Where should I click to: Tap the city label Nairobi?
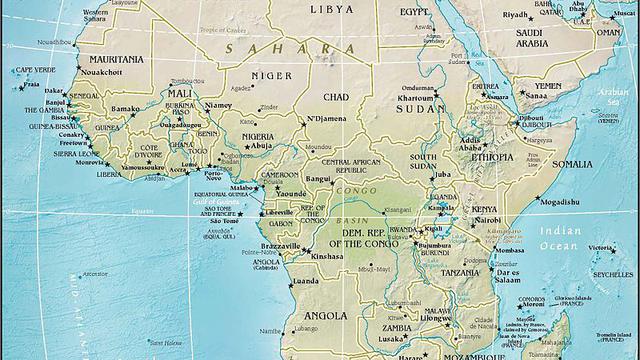pos(487,219)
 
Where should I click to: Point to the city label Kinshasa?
pos(328,257)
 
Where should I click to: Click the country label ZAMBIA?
pos(398,326)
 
